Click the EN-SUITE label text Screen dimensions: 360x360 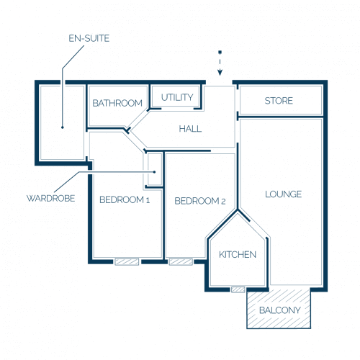[x=89, y=38]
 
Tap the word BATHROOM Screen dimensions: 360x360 [x=117, y=103]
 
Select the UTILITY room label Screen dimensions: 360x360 [x=177, y=97]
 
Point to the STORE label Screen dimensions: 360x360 [x=279, y=101]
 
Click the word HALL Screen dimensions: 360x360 [x=190, y=129]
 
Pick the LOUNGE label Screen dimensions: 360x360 [x=283, y=194]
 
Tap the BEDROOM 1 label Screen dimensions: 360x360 [x=125, y=199]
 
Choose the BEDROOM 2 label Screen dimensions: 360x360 [x=200, y=201]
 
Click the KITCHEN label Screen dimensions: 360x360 [x=238, y=255]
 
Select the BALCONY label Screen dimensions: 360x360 [x=280, y=310]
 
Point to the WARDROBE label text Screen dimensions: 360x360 [x=50, y=199]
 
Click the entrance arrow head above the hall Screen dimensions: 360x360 [x=220, y=72]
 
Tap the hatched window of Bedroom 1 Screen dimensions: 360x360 [x=127, y=261]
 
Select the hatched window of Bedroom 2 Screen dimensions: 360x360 [x=181, y=261]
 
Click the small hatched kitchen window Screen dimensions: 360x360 [x=238, y=289]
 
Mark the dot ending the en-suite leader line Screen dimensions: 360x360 [x=63, y=127]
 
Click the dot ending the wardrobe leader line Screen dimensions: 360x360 [x=154, y=172]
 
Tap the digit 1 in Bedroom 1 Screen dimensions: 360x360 [x=148, y=200]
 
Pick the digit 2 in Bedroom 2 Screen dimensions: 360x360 [x=223, y=202]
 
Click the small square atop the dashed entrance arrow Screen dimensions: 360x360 [x=220, y=52]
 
